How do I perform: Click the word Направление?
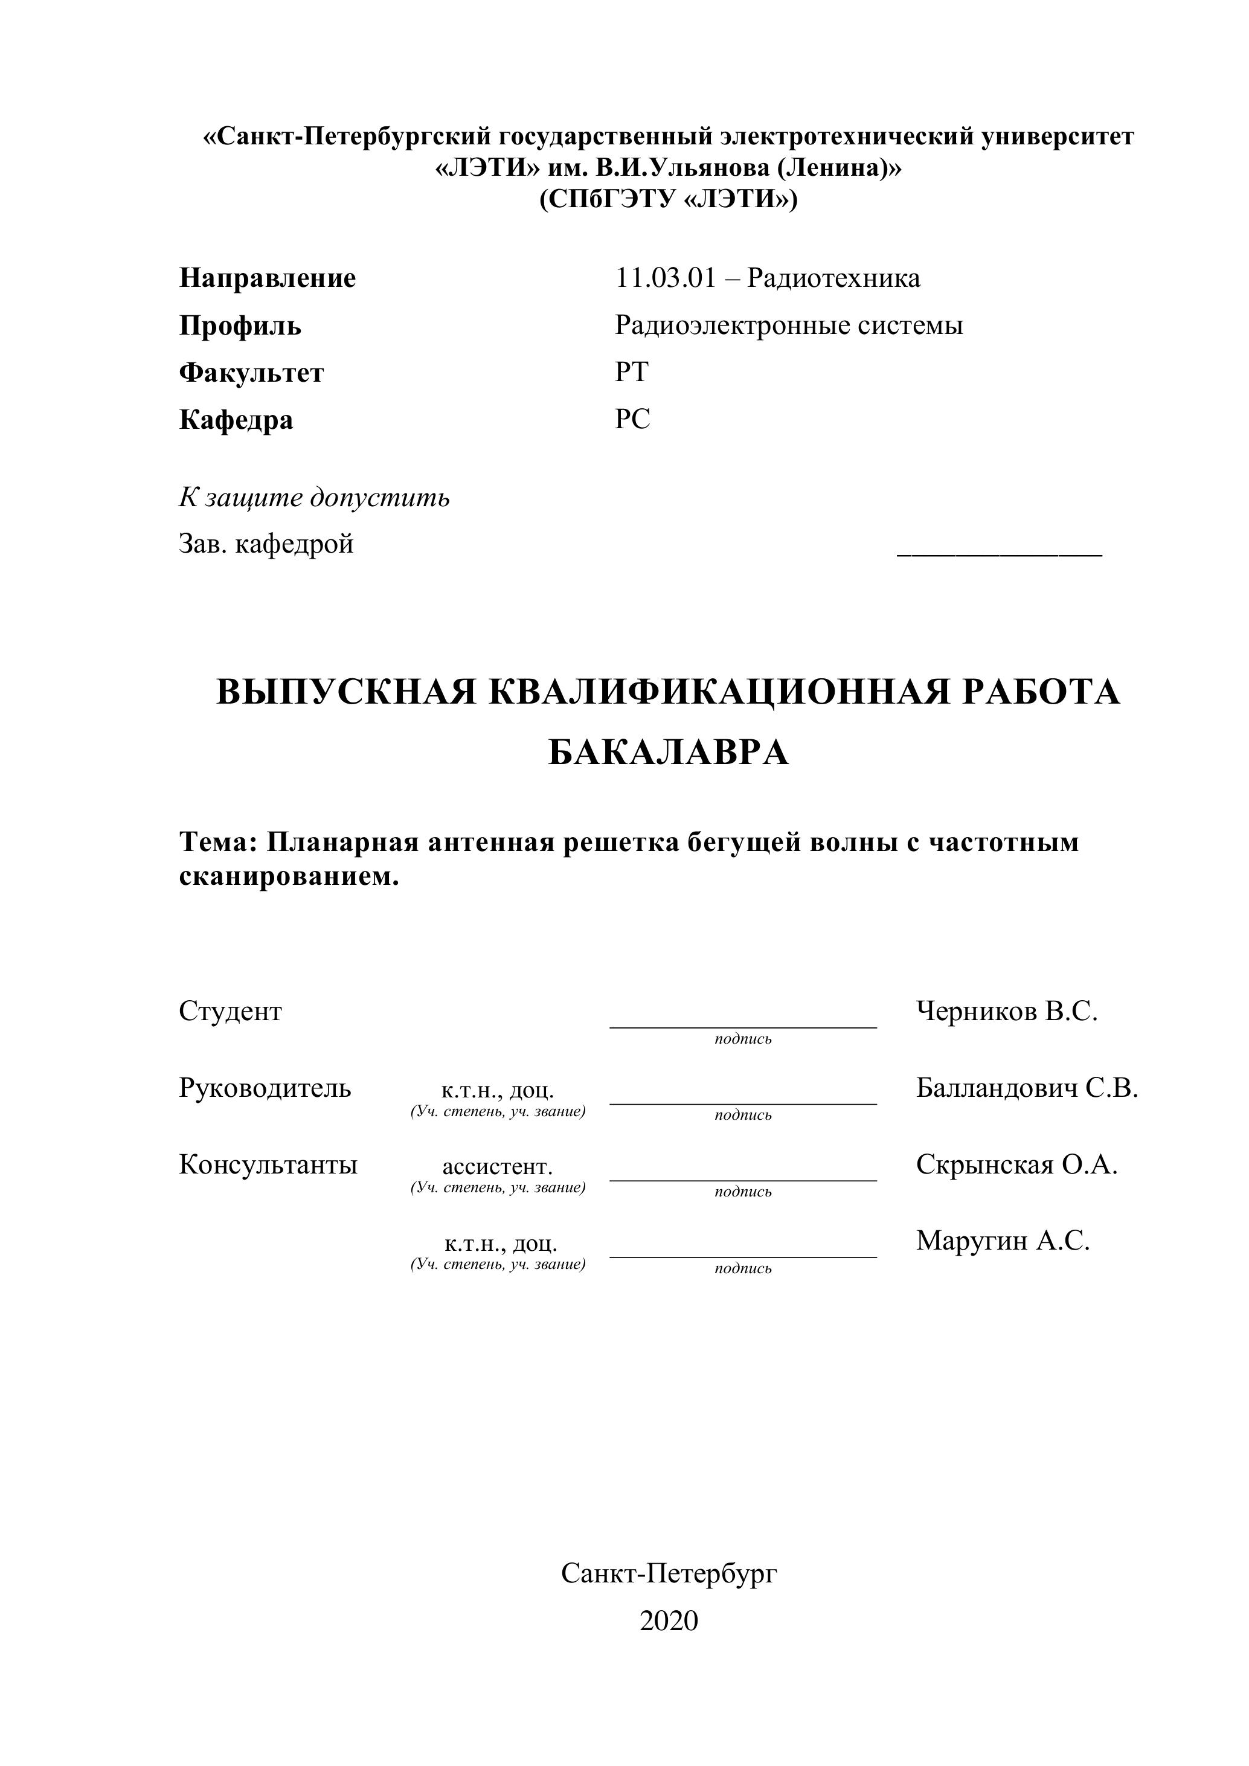(267, 278)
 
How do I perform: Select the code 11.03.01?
(665, 278)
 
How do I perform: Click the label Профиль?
(240, 326)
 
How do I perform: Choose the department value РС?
(632, 419)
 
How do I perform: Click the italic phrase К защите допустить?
(314, 498)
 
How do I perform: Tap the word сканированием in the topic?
(289, 876)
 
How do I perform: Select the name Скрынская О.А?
(1016, 1165)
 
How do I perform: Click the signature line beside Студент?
(742, 1026)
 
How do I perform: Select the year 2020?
(669, 1620)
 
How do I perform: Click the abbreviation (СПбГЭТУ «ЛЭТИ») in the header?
(669, 199)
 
